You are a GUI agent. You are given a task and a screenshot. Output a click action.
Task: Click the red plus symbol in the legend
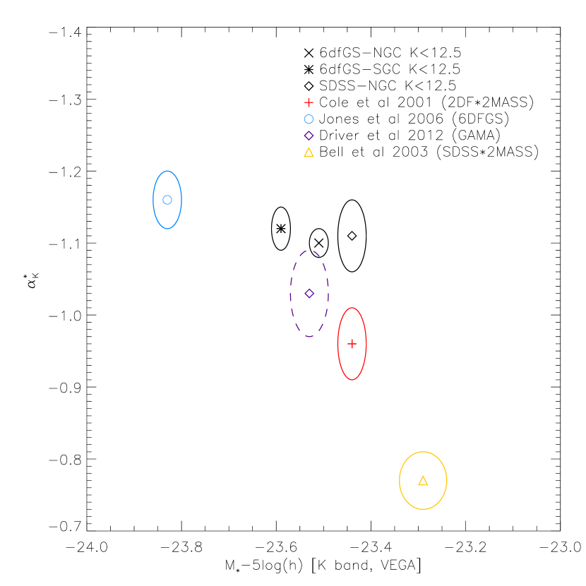pyautogui.click(x=309, y=102)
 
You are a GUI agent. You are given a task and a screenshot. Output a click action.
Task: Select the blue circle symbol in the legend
pyautogui.click(x=309, y=119)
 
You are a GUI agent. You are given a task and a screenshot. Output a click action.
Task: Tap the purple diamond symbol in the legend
pyautogui.click(x=309, y=136)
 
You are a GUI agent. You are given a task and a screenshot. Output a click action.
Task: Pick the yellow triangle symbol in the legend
pyautogui.click(x=309, y=153)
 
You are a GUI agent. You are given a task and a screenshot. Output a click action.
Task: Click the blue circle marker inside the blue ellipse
pyautogui.click(x=167, y=200)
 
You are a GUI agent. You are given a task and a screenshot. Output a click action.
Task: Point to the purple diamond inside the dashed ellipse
pyautogui.click(x=309, y=293)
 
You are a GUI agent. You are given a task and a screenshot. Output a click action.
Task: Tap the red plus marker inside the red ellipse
pyautogui.click(x=352, y=344)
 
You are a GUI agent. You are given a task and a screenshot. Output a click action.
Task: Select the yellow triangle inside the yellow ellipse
pyautogui.click(x=423, y=481)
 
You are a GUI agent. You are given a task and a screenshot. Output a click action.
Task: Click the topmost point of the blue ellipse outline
pyautogui.click(x=167, y=171)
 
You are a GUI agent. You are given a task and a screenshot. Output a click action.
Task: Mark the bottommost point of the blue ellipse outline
pyautogui.click(x=167, y=229)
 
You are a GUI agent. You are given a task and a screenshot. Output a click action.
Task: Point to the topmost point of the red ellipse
pyautogui.click(x=352, y=308)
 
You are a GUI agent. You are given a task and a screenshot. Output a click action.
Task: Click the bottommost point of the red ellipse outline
pyautogui.click(x=352, y=380)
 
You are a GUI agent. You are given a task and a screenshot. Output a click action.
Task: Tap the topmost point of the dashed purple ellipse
pyautogui.click(x=309, y=250)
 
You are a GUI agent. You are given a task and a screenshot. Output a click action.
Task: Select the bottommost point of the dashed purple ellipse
pyautogui.click(x=309, y=336)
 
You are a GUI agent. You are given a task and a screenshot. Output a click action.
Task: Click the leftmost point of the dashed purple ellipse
pyautogui.click(x=290, y=293)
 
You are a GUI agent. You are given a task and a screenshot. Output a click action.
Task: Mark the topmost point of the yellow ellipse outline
pyautogui.click(x=423, y=452)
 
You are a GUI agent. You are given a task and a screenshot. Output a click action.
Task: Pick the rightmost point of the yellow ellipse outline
pyautogui.click(x=447, y=481)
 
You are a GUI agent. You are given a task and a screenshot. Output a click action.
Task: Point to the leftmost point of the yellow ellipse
pyautogui.click(x=400, y=481)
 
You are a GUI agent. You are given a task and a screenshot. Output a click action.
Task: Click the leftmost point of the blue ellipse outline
pyautogui.click(x=153, y=200)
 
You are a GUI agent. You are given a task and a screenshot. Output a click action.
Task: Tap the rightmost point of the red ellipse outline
pyautogui.click(x=366, y=344)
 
